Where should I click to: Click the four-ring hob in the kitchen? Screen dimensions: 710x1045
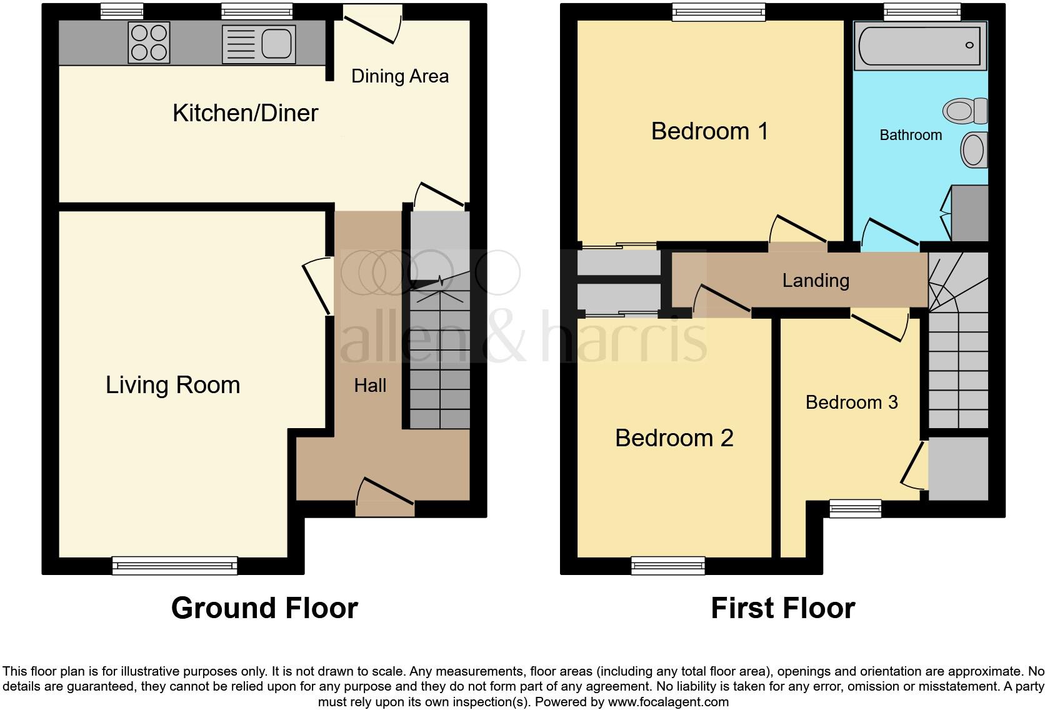point(149,42)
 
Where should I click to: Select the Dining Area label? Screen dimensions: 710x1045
point(400,76)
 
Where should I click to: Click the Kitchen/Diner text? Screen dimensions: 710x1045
point(245,113)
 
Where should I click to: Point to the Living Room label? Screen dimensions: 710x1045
point(172,385)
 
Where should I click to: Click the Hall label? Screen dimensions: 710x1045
point(370,386)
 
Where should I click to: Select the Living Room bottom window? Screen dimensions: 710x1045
point(175,566)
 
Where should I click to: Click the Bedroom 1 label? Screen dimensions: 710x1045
point(709,131)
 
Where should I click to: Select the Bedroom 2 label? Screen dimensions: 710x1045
point(674,438)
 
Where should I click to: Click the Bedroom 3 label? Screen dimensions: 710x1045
point(851,402)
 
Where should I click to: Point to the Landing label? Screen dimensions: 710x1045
point(816,281)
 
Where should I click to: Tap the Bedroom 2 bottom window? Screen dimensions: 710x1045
point(668,566)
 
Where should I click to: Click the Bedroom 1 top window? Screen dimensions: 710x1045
point(719,12)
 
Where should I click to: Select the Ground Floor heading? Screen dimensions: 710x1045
point(264,608)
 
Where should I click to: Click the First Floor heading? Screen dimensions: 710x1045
point(782,608)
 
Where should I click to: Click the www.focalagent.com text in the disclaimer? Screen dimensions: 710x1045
point(668,702)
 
